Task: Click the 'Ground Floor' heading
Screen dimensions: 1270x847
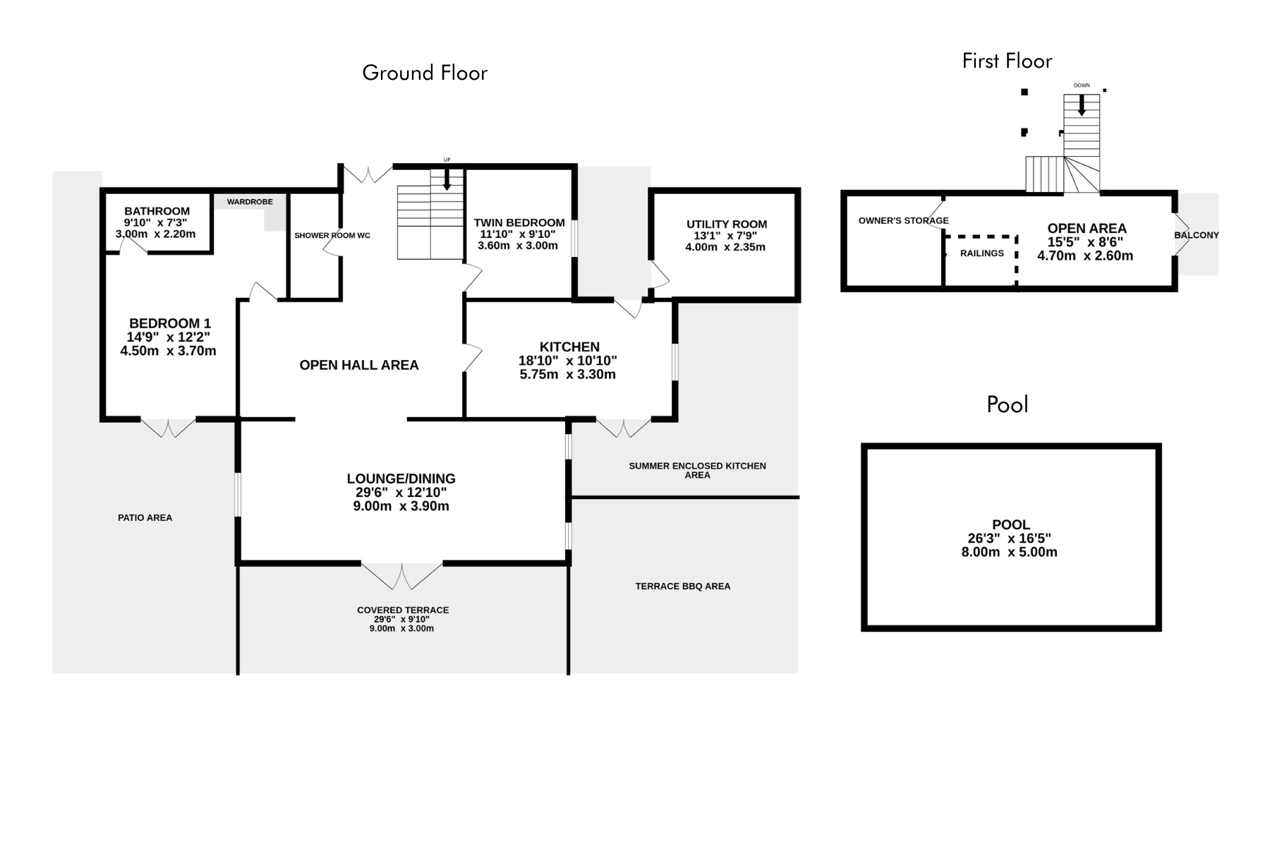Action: click(425, 73)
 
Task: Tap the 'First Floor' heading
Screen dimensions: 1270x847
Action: click(1007, 61)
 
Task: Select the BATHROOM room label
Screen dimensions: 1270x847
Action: click(157, 211)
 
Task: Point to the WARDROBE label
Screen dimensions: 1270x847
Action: click(250, 202)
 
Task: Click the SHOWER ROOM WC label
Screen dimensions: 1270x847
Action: click(332, 235)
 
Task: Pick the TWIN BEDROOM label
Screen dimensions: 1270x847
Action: click(519, 223)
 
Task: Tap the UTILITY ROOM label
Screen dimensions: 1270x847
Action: click(727, 224)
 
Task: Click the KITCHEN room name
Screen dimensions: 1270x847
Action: click(569, 347)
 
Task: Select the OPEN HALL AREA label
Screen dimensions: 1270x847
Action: click(359, 365)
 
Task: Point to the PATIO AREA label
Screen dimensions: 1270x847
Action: click(145, 517)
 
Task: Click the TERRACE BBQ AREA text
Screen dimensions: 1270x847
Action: click(682, 586)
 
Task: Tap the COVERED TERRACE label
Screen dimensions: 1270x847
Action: click(403, 610)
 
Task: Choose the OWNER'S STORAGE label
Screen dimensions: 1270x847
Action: click(903, 221)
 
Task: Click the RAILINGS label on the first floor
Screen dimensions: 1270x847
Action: click(981, 253)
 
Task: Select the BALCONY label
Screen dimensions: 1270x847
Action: click(1197, 235)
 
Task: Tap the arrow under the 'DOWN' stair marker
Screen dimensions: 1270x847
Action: click(1082, 105)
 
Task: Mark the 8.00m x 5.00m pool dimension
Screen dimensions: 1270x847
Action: click(1009, 552)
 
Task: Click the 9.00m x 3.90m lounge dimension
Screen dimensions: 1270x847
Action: click(401, 506)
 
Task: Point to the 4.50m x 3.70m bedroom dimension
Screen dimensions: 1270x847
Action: click(168, 351)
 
